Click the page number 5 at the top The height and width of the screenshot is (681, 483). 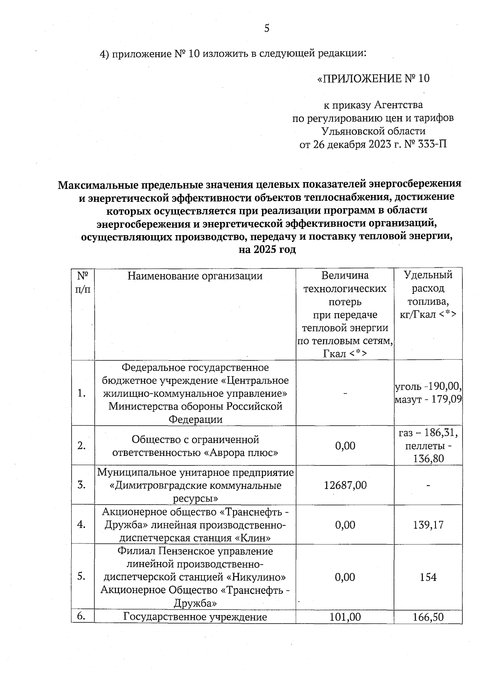click(x=266, y=28)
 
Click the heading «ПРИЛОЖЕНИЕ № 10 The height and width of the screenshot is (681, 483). click(x=373, y=78)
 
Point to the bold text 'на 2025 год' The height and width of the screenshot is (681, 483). click(x=267, y=250)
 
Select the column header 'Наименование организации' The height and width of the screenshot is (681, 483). click(x=195, y=276)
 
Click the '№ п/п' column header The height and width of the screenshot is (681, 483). click(x=83, y=283)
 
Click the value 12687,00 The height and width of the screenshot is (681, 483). click(x=345, y=485)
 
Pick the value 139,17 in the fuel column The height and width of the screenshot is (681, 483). click(x=428, y=525)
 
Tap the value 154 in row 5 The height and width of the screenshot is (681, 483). click(x=428, y=577)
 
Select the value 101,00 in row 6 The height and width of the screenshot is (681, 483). click(x=345, y=617)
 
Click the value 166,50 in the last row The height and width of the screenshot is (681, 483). click(x=428, y=617)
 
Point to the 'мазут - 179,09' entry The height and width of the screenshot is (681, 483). click(x=428, y=400)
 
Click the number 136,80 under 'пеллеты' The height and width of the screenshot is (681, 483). click(x=428, y=459)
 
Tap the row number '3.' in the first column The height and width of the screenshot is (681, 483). click(x=82, y=485)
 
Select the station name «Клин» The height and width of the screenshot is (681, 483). click(x=252, y=538)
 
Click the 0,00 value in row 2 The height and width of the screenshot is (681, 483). click(x=345, y=446)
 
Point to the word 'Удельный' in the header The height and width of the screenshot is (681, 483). click(x=428, y=275)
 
